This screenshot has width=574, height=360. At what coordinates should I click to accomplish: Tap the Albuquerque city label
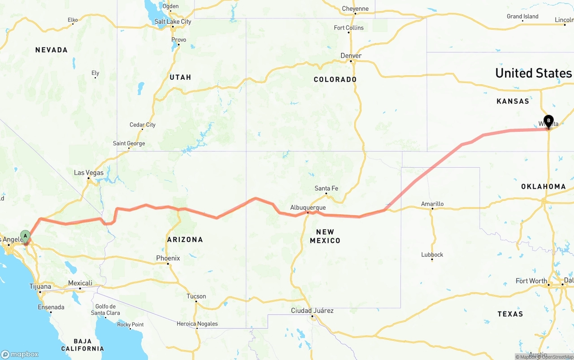pos(308,208)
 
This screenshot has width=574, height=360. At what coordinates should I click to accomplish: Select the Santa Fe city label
pos(326,188)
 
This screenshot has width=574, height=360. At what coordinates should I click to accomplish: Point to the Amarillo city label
pos(432,204)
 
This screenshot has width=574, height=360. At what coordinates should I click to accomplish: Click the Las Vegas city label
pos(89,173)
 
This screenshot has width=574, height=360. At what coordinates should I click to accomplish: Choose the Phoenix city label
pos(168,258)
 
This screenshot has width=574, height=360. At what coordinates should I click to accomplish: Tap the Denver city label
pos(351,56)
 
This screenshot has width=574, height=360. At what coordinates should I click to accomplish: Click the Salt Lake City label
pos(173,22)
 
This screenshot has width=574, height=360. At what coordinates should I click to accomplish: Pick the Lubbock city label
pos(432,255)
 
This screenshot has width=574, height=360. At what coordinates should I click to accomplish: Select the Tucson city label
pos(196,296)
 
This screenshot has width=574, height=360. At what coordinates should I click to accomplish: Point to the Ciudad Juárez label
pos(312,311)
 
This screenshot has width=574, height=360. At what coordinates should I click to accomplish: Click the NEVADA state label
pos(52,50)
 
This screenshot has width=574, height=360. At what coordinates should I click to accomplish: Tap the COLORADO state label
pos(335,79)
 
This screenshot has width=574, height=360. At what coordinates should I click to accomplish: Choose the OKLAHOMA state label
pos(544,187)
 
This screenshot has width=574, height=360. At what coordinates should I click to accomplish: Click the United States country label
pos(534,73)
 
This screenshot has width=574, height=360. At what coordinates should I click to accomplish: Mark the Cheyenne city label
pos(355,9)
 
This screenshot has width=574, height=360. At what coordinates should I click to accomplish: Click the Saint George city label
pos(129,143)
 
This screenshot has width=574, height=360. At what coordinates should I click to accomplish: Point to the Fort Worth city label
pos(531,281)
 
